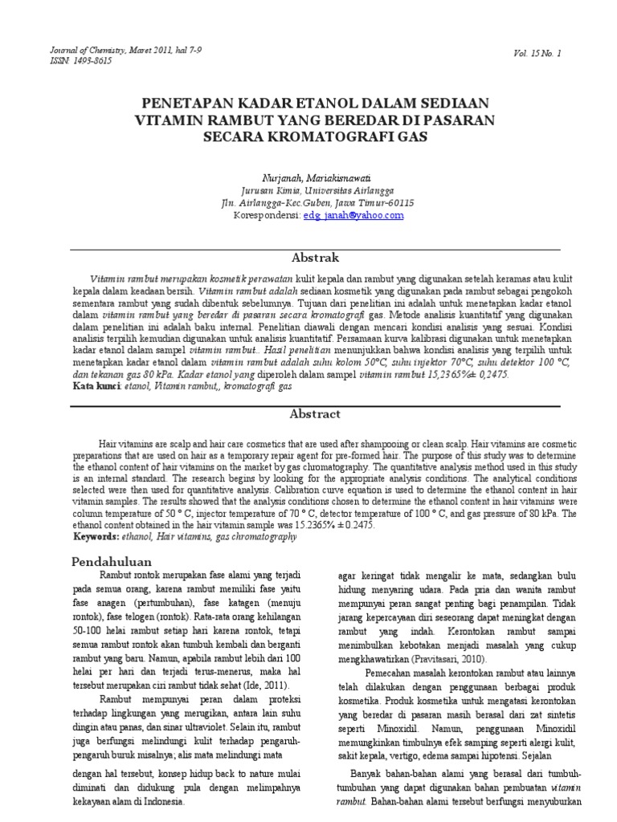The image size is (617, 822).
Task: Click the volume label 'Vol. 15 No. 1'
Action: coord(538,54)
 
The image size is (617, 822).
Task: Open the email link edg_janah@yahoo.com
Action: coord(353,215)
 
